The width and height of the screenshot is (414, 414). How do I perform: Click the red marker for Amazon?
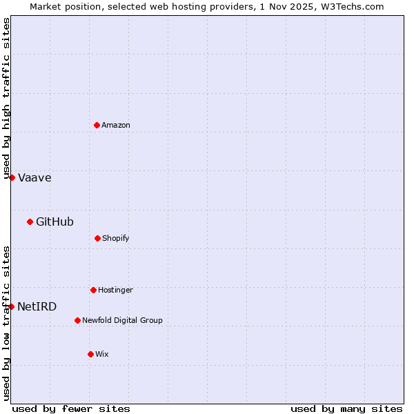(97, 125)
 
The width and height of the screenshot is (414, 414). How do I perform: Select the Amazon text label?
(116, 125)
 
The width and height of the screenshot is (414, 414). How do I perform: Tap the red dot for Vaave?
(12, 177)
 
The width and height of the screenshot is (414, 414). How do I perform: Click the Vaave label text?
(34, 177)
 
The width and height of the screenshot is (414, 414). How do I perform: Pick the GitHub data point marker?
(30, 221)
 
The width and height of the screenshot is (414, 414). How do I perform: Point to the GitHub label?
(55, 221)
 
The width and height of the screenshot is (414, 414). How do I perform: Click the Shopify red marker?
(97, 238)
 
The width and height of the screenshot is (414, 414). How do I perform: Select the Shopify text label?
(116, 238)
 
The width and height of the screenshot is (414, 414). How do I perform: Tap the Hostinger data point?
(93, 290)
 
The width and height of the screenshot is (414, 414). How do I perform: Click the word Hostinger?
(115, 290)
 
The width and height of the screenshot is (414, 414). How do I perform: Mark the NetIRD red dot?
(11, 306)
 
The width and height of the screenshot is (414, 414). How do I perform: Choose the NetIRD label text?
(37, 306)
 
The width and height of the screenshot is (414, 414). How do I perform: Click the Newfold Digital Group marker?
(77, 320)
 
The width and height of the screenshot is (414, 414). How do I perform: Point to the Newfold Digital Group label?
(122, 320)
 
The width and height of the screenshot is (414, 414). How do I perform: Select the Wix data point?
(90, 354)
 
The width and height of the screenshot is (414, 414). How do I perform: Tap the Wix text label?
(102, 354)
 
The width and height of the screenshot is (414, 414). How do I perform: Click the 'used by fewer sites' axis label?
(71, 408)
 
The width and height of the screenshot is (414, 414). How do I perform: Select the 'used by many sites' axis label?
(346, 408)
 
